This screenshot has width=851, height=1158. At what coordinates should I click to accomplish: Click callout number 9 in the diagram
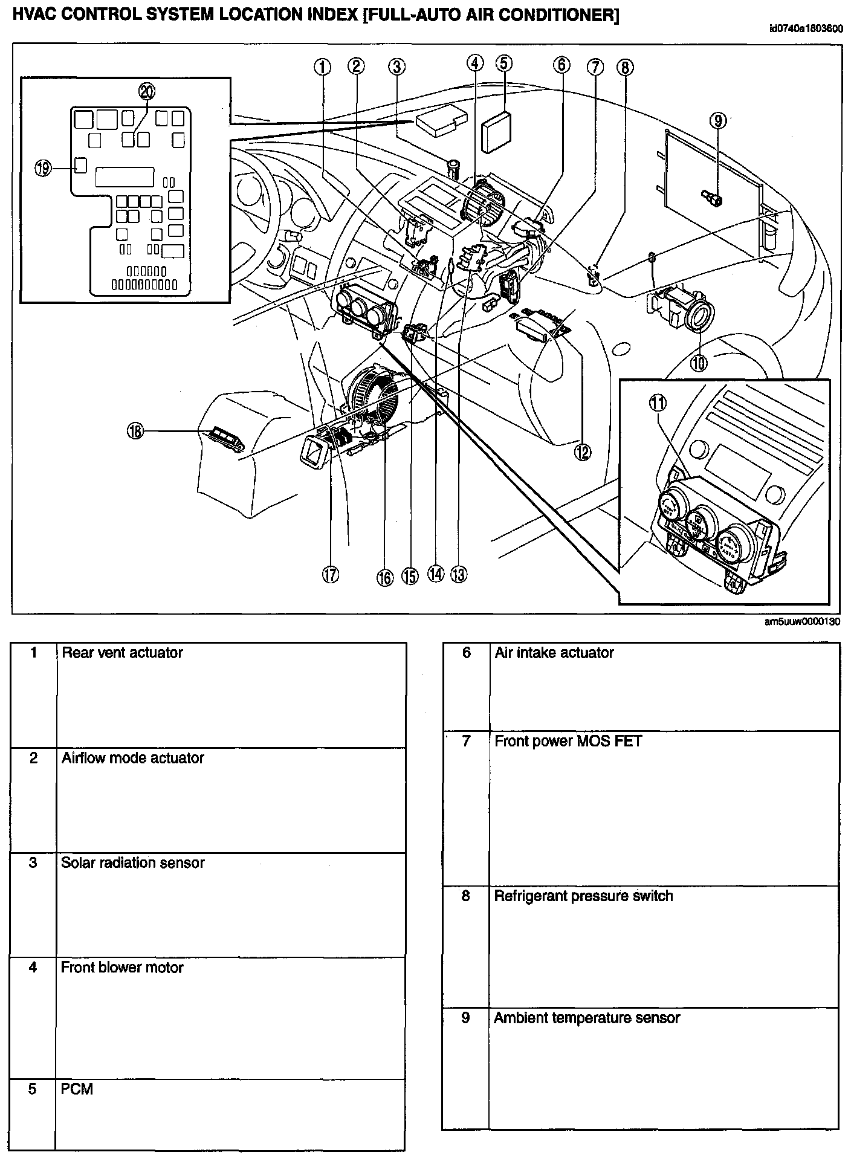pyautogui.click(x=717, y=121)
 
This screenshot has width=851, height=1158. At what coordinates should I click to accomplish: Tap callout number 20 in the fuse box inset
pyautogui.click(x=147, y=91)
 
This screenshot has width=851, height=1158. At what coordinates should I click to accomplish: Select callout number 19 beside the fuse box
pyautogui.click(x=43, y=168)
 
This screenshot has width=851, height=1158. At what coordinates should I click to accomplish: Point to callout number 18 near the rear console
pyautogui.click(x=135, y=431)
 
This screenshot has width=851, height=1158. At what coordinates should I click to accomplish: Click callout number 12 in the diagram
pyautogui.click(x=583, y=451)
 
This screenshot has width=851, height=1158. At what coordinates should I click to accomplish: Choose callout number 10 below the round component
pyautogui.click(x=699, y=363)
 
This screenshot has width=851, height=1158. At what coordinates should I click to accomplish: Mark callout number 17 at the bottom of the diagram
pyautogui.click(x=330, y=574)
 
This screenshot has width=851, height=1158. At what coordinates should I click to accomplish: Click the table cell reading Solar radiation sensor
pyautogui.click(x=133, y=862)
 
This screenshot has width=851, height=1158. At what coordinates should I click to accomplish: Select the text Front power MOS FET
pyautogui.click(x=568, y=740)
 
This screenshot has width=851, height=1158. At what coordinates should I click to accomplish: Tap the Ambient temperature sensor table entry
pyautogui.click(x=586, y=1018)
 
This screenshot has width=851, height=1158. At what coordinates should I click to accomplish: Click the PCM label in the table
pyautogui.click(x=77, y=1089)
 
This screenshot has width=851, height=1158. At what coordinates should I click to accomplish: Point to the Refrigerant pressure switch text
pyautogui.click(x=583, y=896)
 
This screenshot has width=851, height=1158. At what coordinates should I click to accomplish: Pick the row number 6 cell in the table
pyautogui.click(x=466, y=653)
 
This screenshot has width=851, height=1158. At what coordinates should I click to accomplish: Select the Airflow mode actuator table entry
pyautogui.click(x=132, y=758)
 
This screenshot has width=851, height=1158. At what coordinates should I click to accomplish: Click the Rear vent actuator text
pyautogui.click(x=122, y=653)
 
